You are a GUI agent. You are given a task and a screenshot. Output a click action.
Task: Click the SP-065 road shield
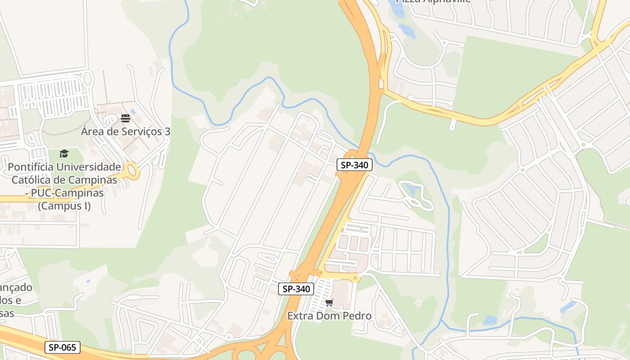pos(63,347)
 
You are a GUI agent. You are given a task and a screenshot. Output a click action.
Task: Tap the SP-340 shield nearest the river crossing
pos(354,165)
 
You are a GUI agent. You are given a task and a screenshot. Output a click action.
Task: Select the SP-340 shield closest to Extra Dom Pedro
pos(296,289)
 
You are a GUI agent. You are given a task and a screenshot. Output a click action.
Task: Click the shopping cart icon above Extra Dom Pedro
pos(329,302)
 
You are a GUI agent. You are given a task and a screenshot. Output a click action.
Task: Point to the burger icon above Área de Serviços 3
pos(126,118)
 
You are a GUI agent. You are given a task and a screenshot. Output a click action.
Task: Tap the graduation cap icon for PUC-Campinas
pos(64,153)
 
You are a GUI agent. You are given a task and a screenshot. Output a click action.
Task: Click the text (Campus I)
pos(64,206)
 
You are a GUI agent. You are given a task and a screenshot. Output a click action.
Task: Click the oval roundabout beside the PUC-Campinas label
pos(132,170)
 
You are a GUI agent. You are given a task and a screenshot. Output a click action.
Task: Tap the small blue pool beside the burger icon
pos(133,112)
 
